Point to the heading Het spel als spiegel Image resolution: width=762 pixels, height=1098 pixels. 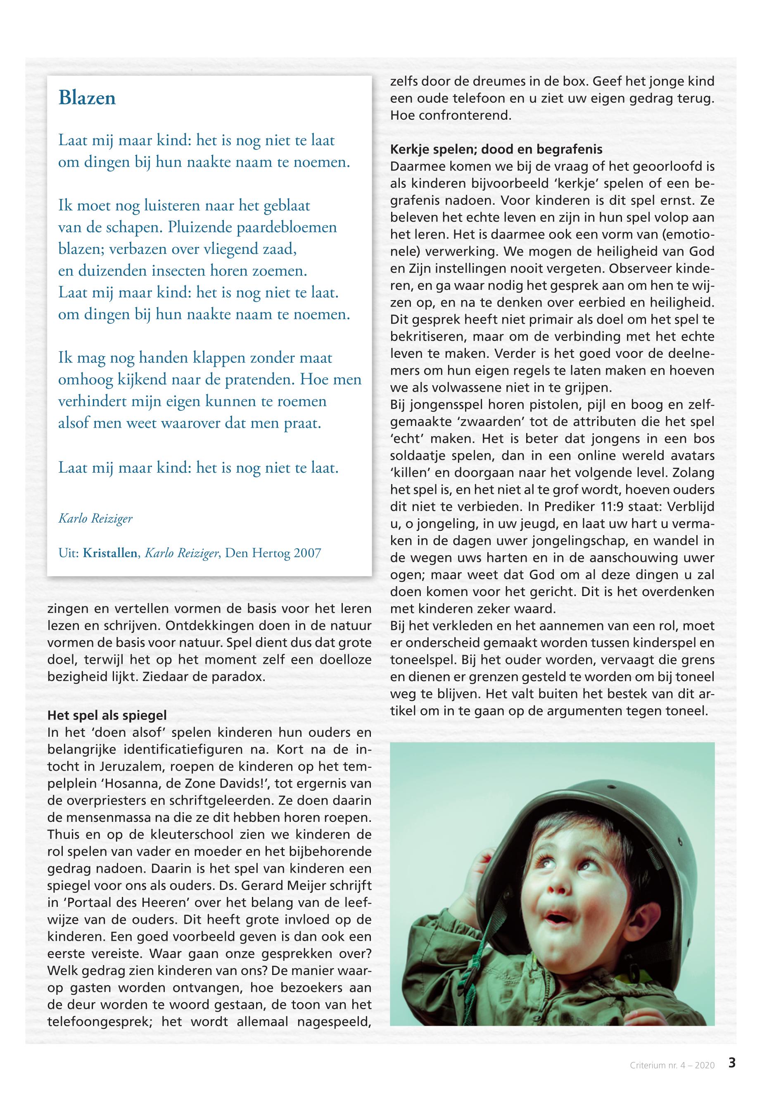coord(107,716)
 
